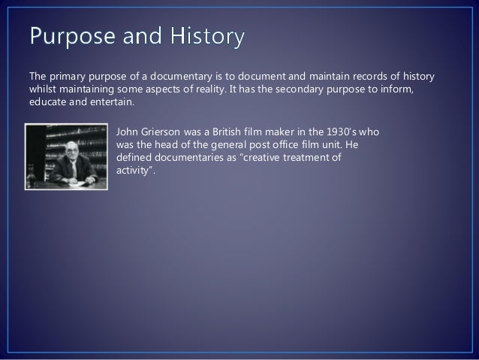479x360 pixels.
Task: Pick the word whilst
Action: pos(43,90)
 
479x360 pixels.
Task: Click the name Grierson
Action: pos(165,132)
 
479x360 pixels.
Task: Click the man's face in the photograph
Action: pos(72,148)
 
